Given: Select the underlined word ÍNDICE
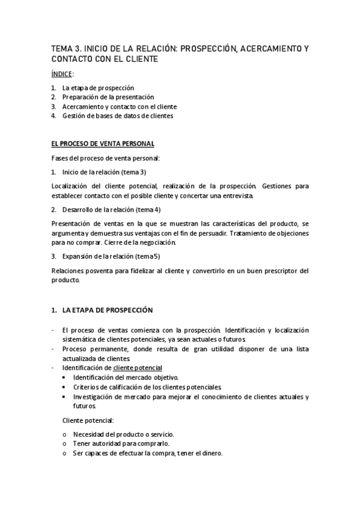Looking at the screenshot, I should point(61,73).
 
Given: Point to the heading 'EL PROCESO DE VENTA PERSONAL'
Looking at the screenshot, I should point(102,144).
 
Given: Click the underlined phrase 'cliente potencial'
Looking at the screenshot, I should point(138,367).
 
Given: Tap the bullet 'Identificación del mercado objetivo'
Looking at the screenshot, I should point(125,377).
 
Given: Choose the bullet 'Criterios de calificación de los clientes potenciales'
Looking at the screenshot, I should point(147,387).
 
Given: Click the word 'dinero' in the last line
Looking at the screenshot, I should point(211,453).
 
